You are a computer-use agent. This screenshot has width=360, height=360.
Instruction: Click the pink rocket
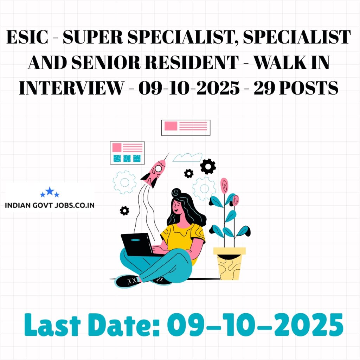[x=155, y=172]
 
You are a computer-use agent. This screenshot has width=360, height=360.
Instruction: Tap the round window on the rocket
[x=159, y=168]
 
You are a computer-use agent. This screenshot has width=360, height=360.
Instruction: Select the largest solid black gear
[x=208, y=166]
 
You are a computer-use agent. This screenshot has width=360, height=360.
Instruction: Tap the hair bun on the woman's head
[x=176, y=193]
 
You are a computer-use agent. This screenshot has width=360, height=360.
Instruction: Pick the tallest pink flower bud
[x=224, y=185]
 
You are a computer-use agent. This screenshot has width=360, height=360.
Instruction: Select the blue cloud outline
[x=187, y=157]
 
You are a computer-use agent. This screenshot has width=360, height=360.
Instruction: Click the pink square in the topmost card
[x=171, y=126]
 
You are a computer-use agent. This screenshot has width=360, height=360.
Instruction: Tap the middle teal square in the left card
[x=127, y=158]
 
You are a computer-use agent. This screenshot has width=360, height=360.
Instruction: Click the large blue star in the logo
[x=50, y=191]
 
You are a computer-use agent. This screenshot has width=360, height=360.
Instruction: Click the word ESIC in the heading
[x=28, y=38]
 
